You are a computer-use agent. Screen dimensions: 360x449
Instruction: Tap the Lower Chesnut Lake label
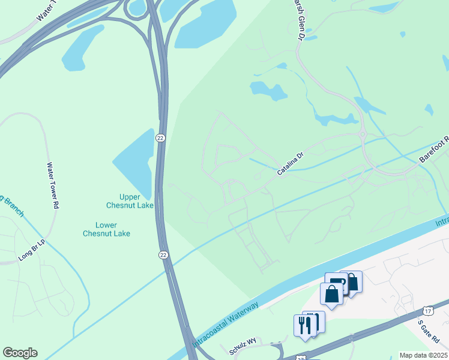pos(106,229)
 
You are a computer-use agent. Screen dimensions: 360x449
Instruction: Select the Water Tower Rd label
pos(52,185)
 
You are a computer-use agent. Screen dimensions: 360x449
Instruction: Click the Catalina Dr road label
pos(291,163)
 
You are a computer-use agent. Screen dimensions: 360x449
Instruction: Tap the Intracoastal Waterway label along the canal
pos(226,324)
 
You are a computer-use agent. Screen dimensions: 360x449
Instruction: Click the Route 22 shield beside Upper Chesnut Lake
pos(160,138)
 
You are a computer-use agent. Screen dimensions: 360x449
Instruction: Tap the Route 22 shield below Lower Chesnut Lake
pos(164,255)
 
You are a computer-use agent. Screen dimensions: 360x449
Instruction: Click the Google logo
pos(20,353)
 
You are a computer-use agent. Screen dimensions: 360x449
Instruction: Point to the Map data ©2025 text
pos(423,355)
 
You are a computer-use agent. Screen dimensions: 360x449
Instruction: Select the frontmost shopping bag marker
pos(331,294)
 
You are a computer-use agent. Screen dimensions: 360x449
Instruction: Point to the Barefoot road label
pos(433,151)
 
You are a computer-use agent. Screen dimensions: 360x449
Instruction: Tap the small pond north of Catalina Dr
pos(268,91)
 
